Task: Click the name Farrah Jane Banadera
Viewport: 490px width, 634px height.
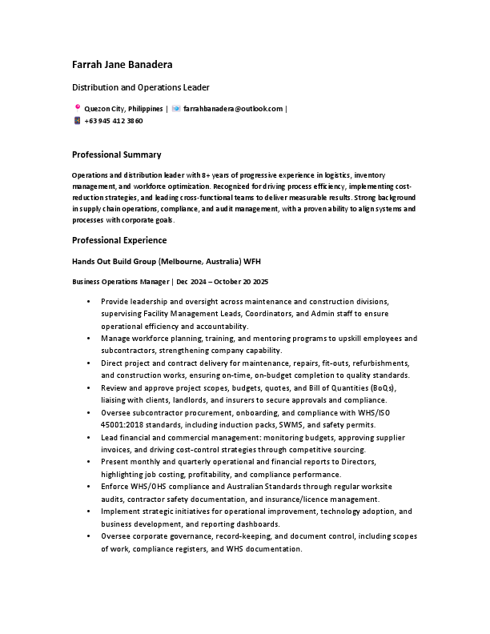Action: click(122, 64)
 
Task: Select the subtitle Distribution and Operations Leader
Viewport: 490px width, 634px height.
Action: click(141, 87)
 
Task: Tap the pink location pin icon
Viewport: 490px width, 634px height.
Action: click(77, 107)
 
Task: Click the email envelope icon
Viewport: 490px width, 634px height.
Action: click(176, 108)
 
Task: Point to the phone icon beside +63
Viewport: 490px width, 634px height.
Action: click(77, 121)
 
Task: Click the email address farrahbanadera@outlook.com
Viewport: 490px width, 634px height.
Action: click(233, 108)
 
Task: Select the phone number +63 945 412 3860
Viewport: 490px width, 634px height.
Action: click(114, 121)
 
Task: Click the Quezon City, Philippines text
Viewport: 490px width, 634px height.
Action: click(123, 108)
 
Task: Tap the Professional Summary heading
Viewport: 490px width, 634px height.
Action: click(117, 154)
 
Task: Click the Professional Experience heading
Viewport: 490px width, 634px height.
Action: click(119, 240)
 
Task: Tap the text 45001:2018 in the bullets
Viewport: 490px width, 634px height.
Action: click(124, 424)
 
